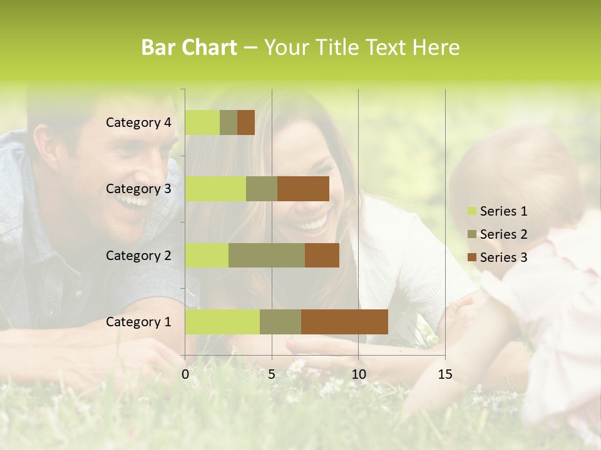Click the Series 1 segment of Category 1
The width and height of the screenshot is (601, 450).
[222, 321]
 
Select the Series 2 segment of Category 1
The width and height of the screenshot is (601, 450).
[280, 321]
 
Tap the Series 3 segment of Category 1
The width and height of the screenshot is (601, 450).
[344, 321]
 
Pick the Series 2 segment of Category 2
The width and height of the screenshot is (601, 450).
[267, 255]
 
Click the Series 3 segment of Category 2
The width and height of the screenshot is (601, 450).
[322, 255]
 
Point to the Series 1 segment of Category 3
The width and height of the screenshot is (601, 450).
[215, 189]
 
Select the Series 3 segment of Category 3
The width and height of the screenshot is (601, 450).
[303, 189]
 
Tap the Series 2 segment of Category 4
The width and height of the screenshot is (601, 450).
[229, 122]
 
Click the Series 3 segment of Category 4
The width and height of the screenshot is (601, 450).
[246, 122]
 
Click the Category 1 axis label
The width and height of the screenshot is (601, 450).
[138, 322]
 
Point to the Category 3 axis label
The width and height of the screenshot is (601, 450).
[138, 189]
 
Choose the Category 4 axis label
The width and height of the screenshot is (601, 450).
[138, 122]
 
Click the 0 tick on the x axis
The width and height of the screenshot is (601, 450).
[185, 374]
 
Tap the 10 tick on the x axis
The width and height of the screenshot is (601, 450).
[358, 374]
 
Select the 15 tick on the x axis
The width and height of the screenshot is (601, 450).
[445, 374]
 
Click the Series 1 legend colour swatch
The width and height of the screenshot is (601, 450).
[471, 211]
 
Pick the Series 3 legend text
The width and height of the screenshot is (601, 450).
[503, 257]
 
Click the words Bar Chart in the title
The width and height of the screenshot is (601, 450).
[189, 47]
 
